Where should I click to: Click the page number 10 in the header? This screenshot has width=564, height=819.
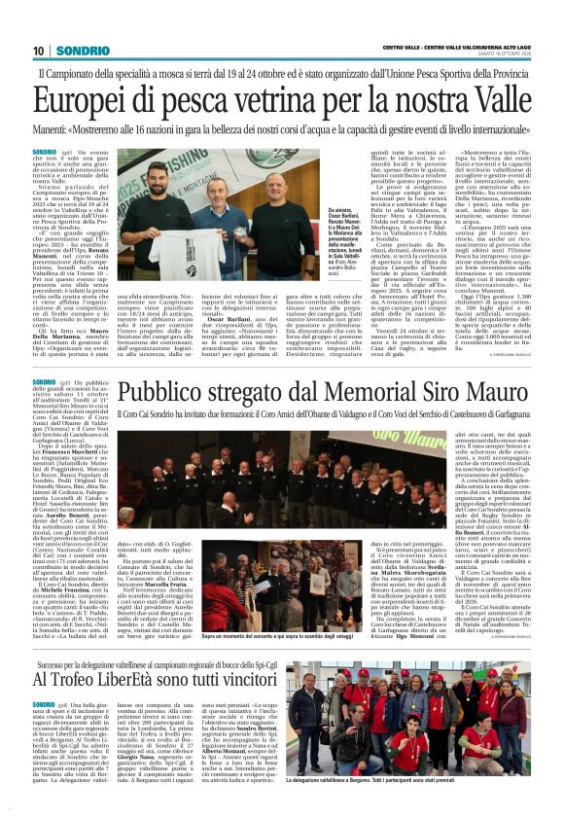[38, 50]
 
